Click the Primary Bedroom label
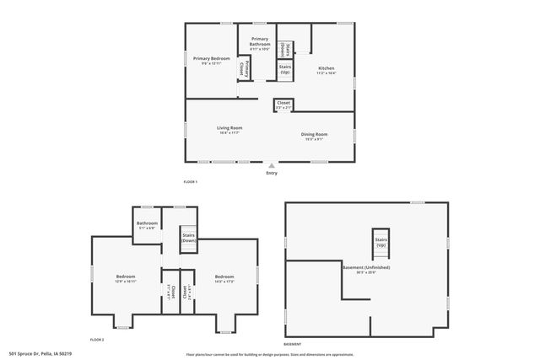(x=211, y=60)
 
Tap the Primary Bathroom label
(x=259, y=43)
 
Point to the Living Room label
(x=229, y=129)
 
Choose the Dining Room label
(x=315, y=136)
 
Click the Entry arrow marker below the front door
(x=271, y=166)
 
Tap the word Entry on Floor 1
(x=271, y=173)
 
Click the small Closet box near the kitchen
(x=283, y=105)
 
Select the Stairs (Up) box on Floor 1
(x=285, y=69)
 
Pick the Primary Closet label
(x=244, y=67)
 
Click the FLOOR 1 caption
(x=190, y=181)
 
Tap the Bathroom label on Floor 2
(x=147, y=226)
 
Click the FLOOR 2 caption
(x=97, y=339)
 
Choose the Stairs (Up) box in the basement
(x=381, y=241)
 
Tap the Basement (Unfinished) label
(x=365, y=269)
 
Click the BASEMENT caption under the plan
(x=293, y=344)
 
